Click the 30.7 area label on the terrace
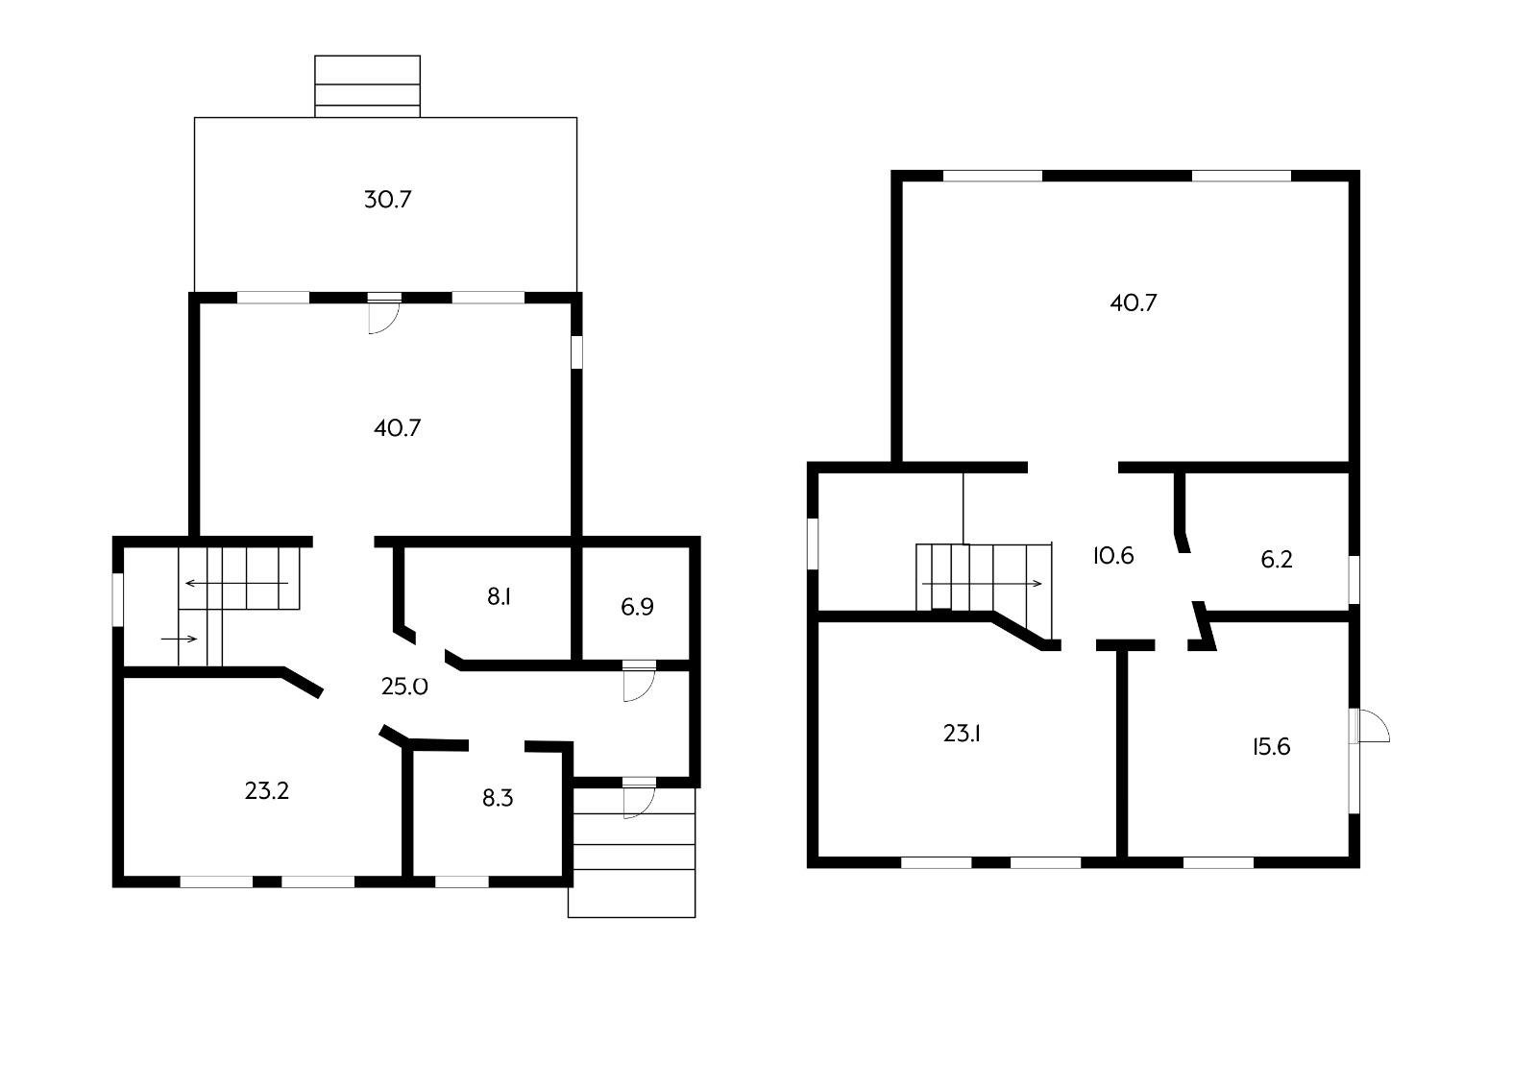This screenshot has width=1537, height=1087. pos(388,200)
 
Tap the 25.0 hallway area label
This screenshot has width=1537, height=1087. pos(404,687)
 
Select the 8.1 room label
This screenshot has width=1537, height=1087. pos(499,597)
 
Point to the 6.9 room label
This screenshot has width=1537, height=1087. pos(637,607)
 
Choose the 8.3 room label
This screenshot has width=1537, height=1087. pos(498,798)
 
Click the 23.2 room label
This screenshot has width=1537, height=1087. pos(267,791)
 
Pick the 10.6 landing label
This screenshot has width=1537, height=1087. pos(1113,555)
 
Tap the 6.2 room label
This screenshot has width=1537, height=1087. pos(1277,560)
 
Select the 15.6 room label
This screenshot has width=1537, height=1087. pos(1272,747)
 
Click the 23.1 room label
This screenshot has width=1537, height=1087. pos(962,734)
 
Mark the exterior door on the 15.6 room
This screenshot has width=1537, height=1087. pos(1369,726)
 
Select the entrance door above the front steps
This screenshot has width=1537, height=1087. pos(639,798)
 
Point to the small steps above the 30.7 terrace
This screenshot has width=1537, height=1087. pos(367,86)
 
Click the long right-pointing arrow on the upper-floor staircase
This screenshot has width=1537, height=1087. pos(982,584)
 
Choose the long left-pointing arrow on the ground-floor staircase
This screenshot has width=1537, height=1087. pos(236,584)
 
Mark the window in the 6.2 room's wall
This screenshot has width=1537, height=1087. pos(1354,580)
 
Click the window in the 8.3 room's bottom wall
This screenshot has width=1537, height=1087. pos(462,882)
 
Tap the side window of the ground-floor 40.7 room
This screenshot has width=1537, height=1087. pos(577,351)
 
